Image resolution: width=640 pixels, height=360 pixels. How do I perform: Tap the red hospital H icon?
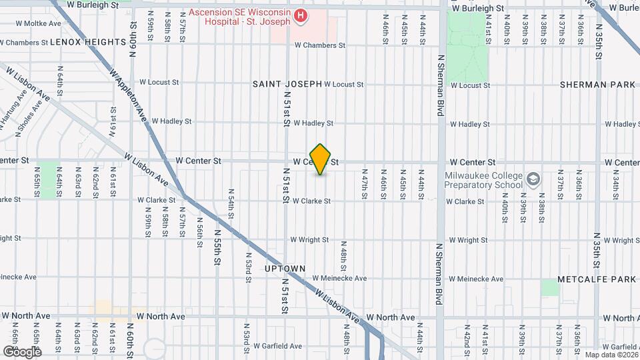[301, 15]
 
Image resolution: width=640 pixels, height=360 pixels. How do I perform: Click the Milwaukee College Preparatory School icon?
[533, 179]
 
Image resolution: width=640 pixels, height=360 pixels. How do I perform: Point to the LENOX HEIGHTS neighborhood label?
[88, 42]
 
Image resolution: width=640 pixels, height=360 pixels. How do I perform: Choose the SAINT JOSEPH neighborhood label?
[287, 84]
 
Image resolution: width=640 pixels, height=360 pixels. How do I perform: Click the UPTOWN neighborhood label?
[285, 269]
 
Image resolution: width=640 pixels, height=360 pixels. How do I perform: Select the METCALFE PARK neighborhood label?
[597, 278]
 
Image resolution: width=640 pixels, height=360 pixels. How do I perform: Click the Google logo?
[22, 351]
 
